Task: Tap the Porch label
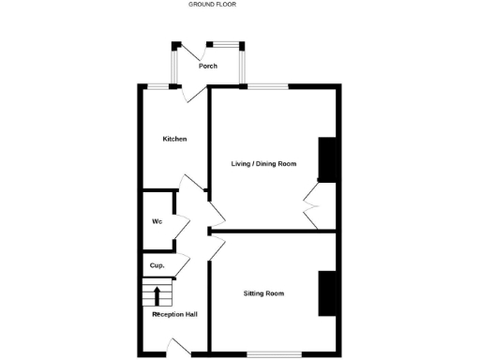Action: click(x=207, y=67)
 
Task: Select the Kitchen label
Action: click(x=174, y=139)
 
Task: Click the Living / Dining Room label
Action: click(x=263, y=164)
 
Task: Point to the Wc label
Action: click(x=157, y=222)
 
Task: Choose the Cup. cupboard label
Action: click(x=157, y=266)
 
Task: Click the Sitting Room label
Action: click(x=263, y=293)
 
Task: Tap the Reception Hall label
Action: click(x=174, y=314)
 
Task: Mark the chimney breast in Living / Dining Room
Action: click(x=327, y=159)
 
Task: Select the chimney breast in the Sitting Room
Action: click(x=327, y=293)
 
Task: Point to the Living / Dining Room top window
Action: click(x=268, y=87)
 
